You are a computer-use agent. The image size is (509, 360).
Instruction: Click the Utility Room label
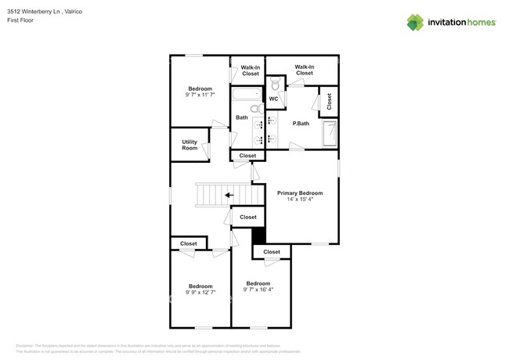[x=190, y=145]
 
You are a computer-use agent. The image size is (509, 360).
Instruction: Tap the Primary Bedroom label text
[x=300, y=193]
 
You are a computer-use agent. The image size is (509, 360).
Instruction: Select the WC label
[x=273, y=99]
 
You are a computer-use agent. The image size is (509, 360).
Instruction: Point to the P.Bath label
[x=301, y=124]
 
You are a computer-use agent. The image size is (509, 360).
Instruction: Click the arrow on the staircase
[x=228, y=195]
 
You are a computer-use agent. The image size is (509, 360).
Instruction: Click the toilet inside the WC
[x=273, y=82]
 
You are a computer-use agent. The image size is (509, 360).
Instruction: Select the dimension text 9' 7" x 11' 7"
[x=200, y=95]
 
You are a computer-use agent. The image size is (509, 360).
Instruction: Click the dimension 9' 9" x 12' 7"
[x=200, y=292]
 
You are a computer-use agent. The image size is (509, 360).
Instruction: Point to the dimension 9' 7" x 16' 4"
[x=258, y=290]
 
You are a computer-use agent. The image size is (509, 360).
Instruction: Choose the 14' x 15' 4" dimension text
[x=300, y=200]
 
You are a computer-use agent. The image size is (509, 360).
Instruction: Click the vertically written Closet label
[x=329, y=101]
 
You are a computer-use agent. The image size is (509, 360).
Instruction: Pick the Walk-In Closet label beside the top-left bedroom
[x=250, y=70]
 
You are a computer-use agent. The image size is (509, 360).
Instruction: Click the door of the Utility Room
[x=206, y=149]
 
